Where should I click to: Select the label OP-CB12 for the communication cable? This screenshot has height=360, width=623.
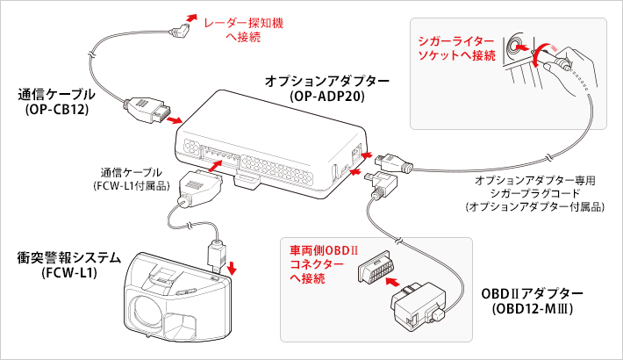click(x=54, y=110)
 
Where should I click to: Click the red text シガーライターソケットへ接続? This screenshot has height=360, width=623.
click(x=457, y=47)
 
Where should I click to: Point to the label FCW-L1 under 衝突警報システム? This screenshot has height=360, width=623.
click(x=68, y=272)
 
